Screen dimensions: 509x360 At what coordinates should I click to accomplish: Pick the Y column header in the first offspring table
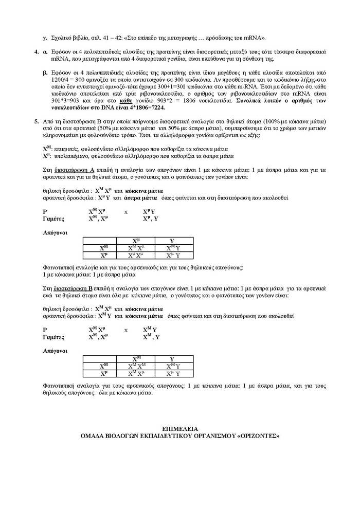pyautogui.click(x=172, y=241)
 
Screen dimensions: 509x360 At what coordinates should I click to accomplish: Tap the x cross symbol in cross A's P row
pyautogui.click(x=125, y=211)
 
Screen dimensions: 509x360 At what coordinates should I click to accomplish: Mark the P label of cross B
pyautogui.click(x=45, y=330)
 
